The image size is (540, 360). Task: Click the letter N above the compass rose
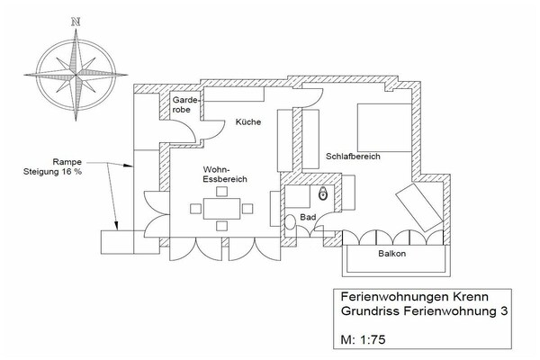pyautogui.click(x=76, y=22)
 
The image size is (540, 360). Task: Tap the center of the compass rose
pyautogui.click(x=76, y=75)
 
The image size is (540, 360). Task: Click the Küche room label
pyautogui.click(x=248, y=122)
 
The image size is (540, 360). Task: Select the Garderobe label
pyautogui.click(x=186, y=104)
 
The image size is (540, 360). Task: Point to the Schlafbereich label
pyautogui.click(x=353, y=157)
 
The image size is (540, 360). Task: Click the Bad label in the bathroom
pyautogui.click(x=308, y=218)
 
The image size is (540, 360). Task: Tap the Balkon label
pyautogui.click(x=391, y=254)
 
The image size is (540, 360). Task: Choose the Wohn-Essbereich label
pyautogui.click(x=225, y=175)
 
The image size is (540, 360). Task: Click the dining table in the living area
pyautogui.click(x=221, y=209)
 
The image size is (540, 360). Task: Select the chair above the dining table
pyautogui.click(x=221, y=191)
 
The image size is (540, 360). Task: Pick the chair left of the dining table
pyautogui.click(x=195, y=209)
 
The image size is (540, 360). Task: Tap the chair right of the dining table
pyautogui.click(x=247, y=209)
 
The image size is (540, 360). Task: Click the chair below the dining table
pyautogui.click(x=221, y=226)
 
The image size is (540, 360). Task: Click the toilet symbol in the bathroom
pyautogui.click(x=323, y=193)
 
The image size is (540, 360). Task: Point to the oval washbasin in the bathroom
pyautogui.click(x=290, y=222)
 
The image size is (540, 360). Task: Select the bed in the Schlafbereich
pyautogui.click(x=384, y=128)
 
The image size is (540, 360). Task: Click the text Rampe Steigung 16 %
pyautogui.click(x=52, y=166)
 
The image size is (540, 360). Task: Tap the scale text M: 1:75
pyautogui.click(x=363, y=339)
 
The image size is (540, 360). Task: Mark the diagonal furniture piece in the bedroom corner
pyautogui.click(x=419, y=207)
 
